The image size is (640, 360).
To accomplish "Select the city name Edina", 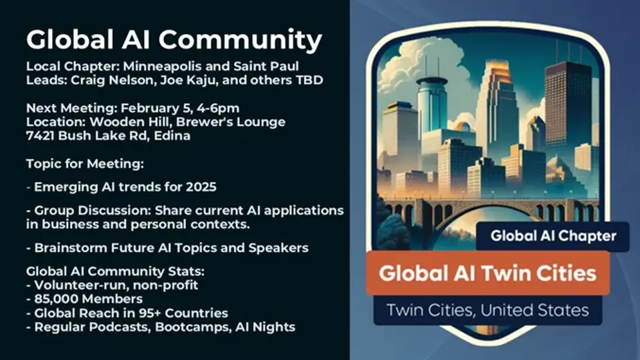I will pos(175,135).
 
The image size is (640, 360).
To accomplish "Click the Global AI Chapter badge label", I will pos(553,236).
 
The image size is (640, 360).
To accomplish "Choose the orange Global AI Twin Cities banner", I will pos(487,273).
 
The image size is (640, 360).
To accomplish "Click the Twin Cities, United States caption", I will pos(487,310).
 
